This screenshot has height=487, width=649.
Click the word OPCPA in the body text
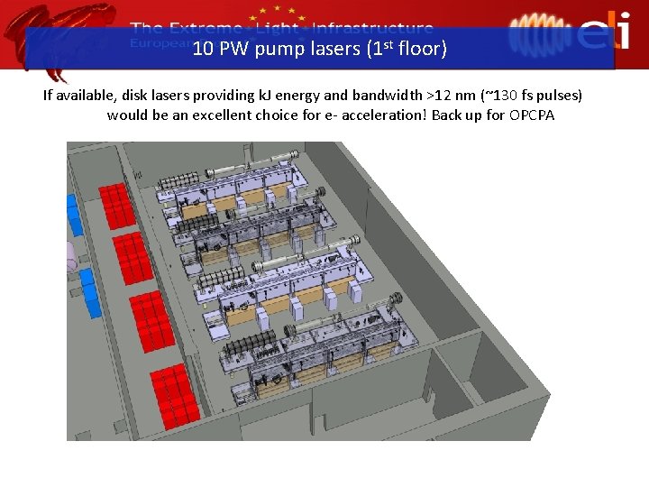coord(532,115)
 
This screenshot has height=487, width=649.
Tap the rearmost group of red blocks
coord(116,206)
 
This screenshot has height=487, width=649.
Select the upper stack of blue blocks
coord(74,215)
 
